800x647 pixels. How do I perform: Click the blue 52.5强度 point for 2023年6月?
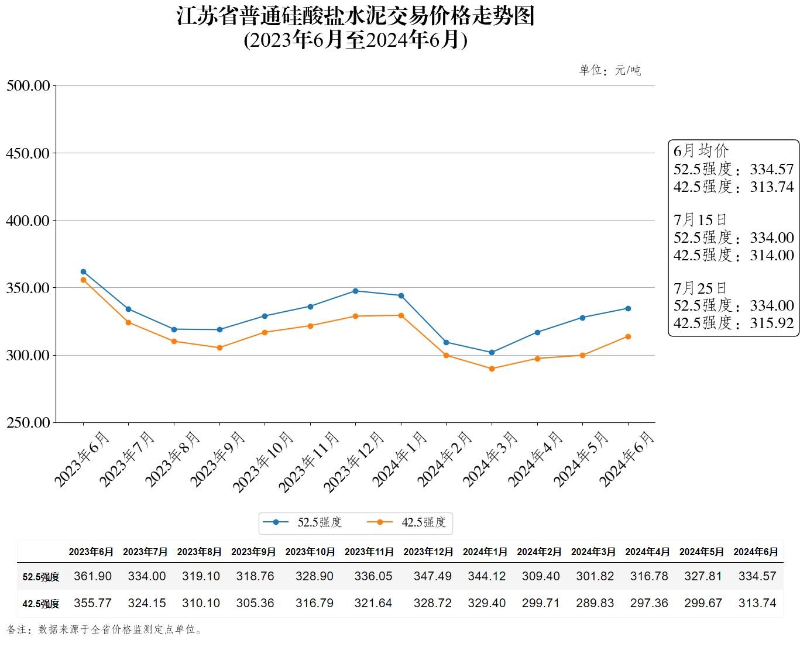[83, 272]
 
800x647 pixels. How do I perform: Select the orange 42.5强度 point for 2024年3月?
[492, 369]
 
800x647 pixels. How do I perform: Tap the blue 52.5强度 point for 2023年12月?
[355, 291]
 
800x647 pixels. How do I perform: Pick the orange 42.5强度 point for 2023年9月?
[219, 347]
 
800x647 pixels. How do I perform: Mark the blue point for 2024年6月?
[628, 308]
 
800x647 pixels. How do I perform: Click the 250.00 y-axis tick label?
[28, 422]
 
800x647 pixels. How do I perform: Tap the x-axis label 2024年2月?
[445, 459]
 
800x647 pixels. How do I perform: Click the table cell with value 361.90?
[92, 576]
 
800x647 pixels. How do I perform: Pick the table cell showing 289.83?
[595, 603]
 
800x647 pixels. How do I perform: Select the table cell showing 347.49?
[432, 576]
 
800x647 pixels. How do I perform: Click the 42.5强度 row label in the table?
[41, 604]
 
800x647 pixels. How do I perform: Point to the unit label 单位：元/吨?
[610, 71]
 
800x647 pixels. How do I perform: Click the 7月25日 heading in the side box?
[700, 288]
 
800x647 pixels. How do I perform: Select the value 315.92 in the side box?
[772, 323]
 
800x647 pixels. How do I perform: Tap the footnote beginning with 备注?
[105, 630]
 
